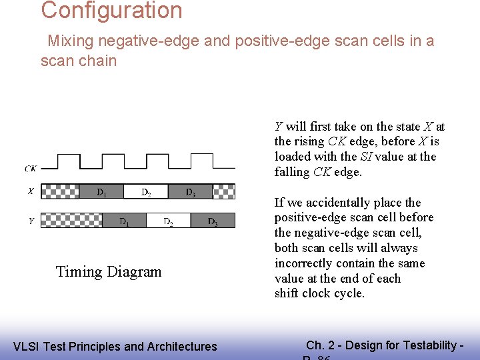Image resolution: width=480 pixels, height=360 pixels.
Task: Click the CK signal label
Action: pyautogui.click(x=31, y=169)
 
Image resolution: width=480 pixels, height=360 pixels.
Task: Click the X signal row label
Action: pyautogui.click(x=31, y=191)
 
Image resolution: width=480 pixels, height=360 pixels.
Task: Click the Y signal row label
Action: pyautogui.click(x=31, y=221)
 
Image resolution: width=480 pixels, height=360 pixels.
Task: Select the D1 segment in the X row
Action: pyautogui.click(x=101, y=192)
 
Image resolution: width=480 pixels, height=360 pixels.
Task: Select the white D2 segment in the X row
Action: pyautogui.click(x=145, y=192)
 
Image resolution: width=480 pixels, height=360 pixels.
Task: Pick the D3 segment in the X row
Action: pyautogui.click(x=190, y=192)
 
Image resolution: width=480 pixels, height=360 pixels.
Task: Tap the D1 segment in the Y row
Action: pyautogui.click(x=124, y=221)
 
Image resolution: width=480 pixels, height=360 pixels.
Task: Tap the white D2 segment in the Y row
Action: pyautogui.click(x=168, y=221)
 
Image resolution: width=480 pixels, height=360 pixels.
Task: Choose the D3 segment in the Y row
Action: pyautogui.click(x=213, y=221)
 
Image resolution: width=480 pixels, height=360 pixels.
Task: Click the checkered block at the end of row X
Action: pyautogui.click(x=223, y=192)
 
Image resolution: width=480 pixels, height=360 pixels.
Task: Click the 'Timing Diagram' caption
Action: pyautogui.click(x=109, y=271)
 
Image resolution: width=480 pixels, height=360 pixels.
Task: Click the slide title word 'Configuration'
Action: pyautogui.click(x=111, y=11)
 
